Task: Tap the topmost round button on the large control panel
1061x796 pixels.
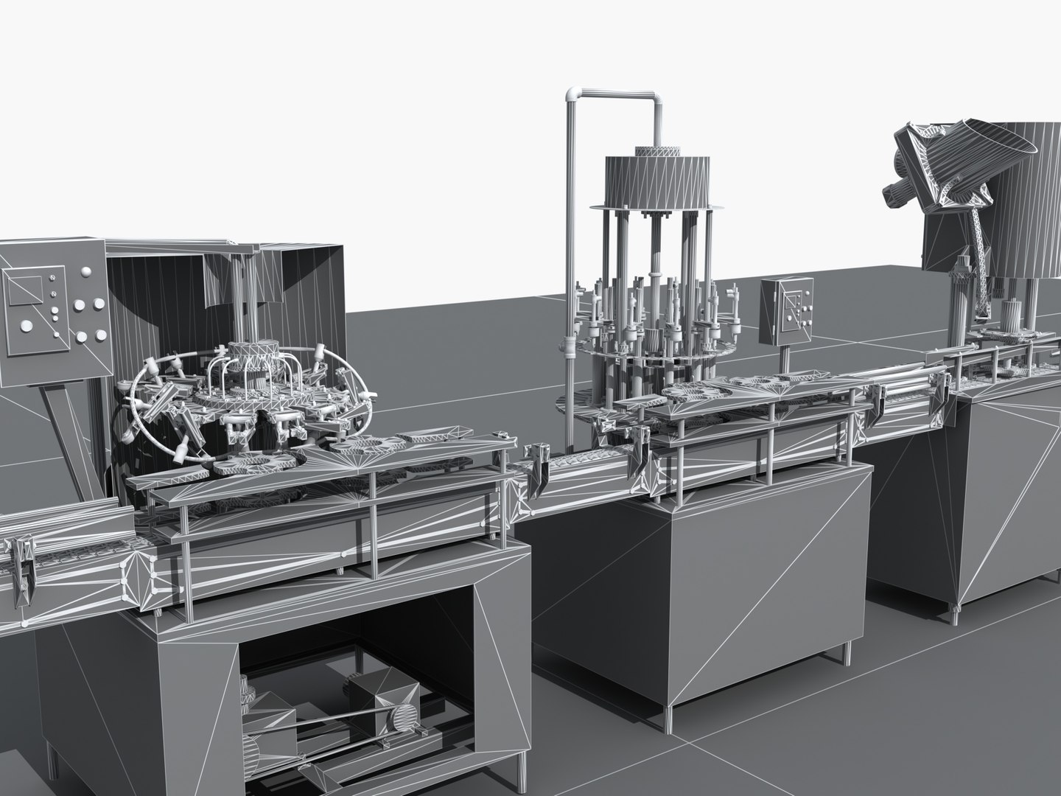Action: tap(86, 273)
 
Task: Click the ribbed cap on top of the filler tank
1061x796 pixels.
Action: tap(658, 150)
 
